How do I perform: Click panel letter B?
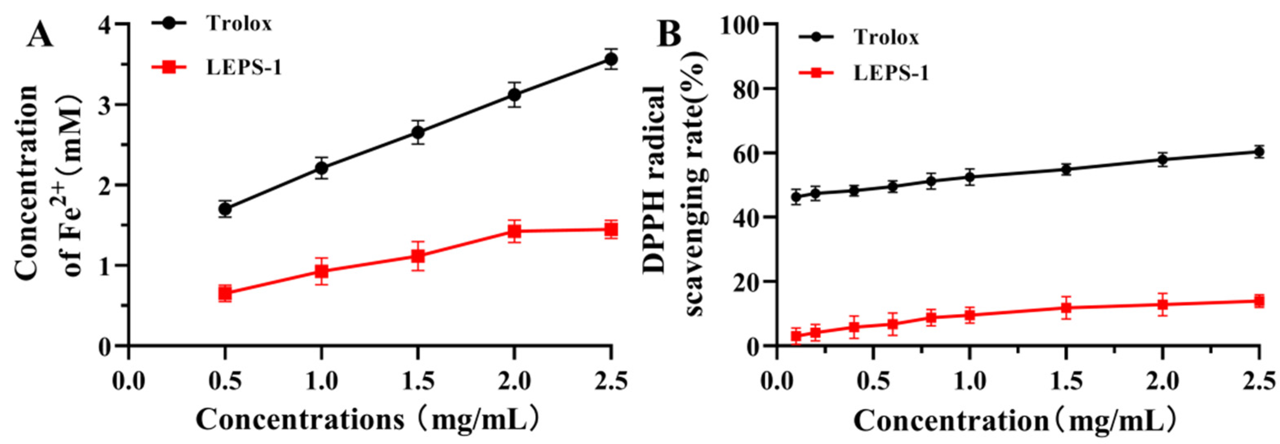pyautogui.click(x=669, y=35)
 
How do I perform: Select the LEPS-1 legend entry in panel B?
pyautogui.click(x=891, y=73)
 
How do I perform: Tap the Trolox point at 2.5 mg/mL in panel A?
pyautogui.click(x=611, y=59)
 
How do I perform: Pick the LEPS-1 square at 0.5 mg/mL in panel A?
pyautogui.click(x=225, y=293)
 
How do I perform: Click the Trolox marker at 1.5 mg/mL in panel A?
pyautogui.click(x=418, y=133)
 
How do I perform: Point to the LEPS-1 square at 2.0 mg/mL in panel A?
pyautogui.click(x=515, y=231)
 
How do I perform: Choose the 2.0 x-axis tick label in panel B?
pyautogui.click(x=1162, y=382)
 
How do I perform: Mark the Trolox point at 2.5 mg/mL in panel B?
pyautogui.click(x=1259, y=152)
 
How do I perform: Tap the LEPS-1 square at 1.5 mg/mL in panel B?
pyautogui.click(x=1066, y=308)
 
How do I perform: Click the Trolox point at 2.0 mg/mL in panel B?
pyautogui.click(x=1162, y=160)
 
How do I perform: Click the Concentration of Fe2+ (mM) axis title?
pyautogui.click(x=50, y=184)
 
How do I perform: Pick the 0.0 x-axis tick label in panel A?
pyautogui.click(x=129, y=382)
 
